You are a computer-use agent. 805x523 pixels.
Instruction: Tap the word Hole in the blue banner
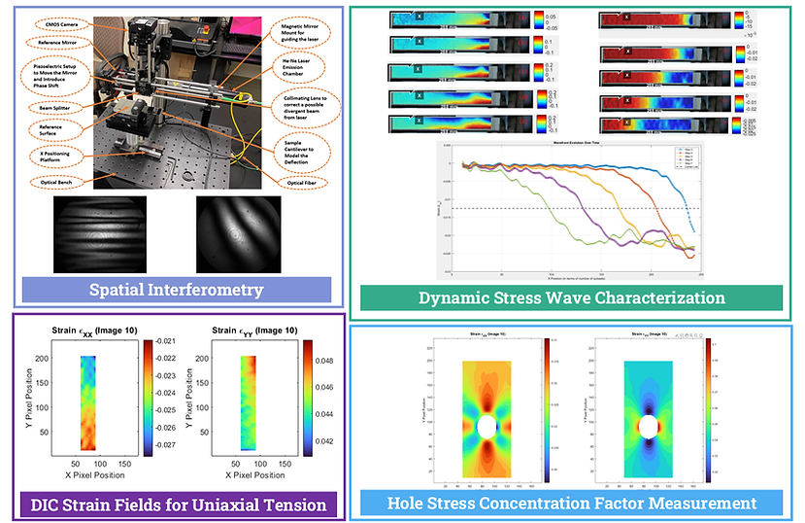411,503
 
